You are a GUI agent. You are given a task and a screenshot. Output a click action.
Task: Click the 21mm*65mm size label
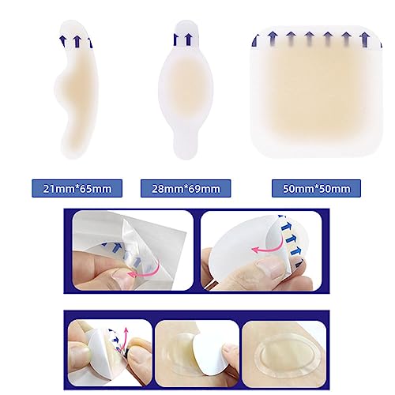77,189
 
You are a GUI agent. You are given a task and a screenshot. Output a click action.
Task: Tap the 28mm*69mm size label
186,189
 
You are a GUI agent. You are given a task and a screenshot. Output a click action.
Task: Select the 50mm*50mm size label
316,189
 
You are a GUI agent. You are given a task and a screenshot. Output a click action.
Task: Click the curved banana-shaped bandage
77,89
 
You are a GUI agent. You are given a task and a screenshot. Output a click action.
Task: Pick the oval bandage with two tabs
186,89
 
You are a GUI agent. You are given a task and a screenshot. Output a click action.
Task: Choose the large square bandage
316,92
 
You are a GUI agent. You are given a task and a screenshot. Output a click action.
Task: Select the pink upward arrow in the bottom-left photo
124,338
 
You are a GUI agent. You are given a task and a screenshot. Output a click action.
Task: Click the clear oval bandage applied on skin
286,354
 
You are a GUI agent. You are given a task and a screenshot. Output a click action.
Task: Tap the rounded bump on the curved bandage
62,85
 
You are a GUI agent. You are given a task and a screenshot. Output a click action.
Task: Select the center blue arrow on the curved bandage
77,41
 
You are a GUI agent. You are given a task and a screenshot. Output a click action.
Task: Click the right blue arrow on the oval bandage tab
188,39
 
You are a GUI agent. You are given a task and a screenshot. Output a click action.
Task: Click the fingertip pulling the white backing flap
229,353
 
